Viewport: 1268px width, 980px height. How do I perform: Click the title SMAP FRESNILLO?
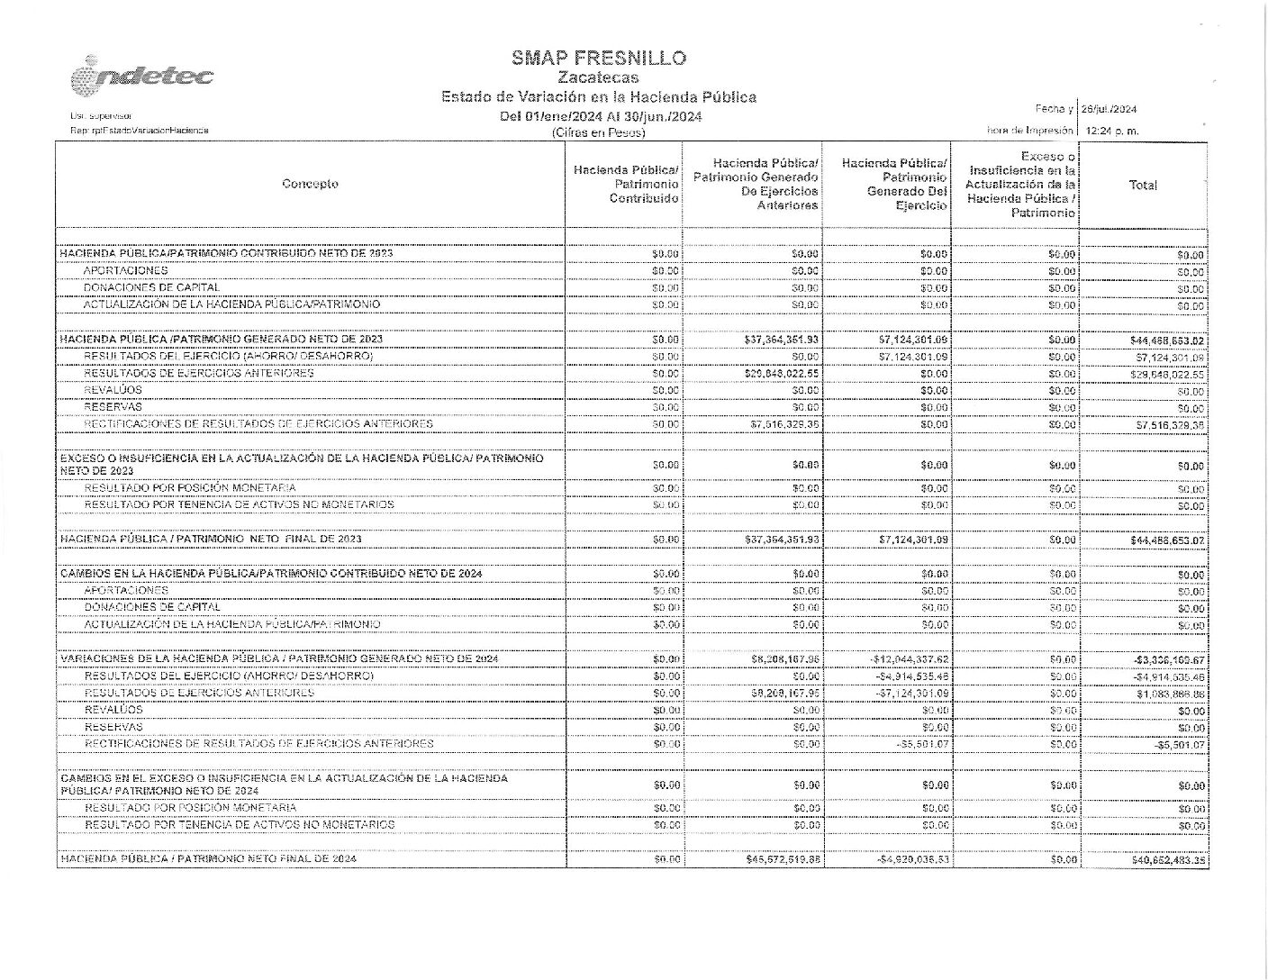[599, 59]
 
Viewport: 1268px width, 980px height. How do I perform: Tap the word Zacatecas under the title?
[599, 78]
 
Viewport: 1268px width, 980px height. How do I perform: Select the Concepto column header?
[310, 184]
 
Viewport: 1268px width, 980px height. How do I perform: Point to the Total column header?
[1143, 185]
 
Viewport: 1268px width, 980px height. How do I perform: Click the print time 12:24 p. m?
[1113, 131]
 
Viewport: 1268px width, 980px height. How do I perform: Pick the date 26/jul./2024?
[1109, 109]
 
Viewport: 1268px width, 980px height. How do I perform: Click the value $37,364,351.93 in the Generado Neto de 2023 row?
[783, 340]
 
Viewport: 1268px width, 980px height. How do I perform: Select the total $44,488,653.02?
[1167, 340]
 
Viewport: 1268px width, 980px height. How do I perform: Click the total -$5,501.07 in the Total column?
[1180, 746]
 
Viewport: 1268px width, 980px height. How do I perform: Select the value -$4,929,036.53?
[911, 860]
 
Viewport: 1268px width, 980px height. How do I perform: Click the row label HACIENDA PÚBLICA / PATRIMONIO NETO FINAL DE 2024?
[208, 859]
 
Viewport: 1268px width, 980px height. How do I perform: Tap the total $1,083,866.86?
[1170, 694]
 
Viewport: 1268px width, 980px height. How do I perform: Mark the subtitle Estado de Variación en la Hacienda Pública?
[599, 97]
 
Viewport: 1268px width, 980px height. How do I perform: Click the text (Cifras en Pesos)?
[599, 132]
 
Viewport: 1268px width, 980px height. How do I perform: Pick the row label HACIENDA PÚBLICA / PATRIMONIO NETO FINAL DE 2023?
[211, 539]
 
